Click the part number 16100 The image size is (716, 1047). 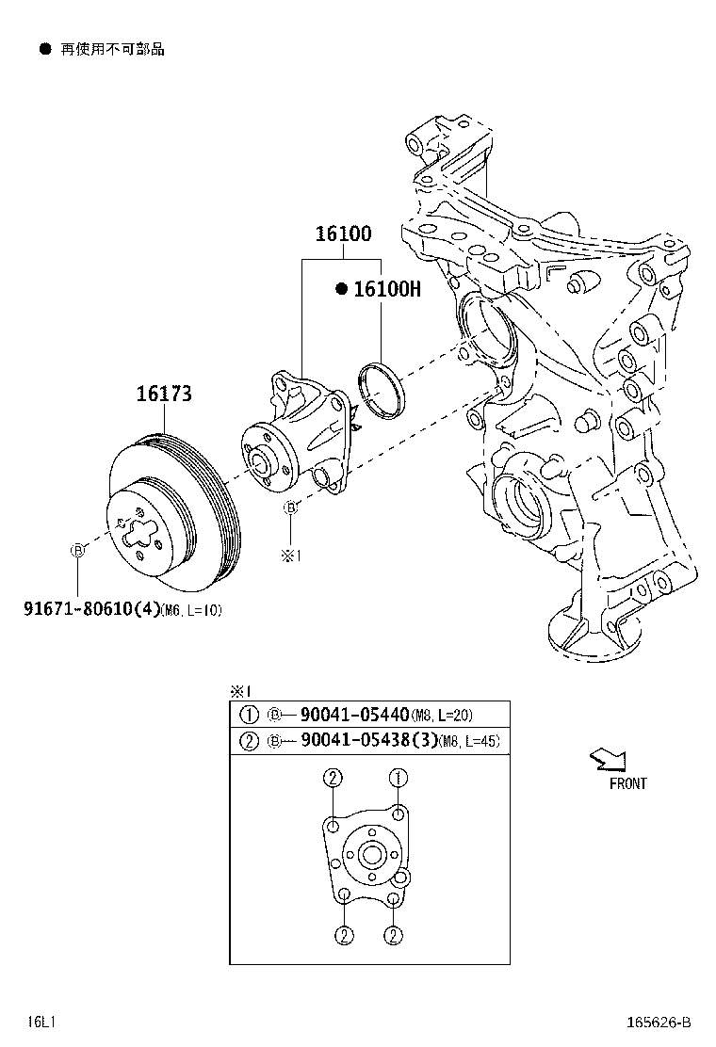pyautogui.click(x=343, y=234)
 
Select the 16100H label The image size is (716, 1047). pyautogui.click(x=386, y=290)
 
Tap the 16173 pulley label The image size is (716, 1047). pyautogui.click(x=164, y=395)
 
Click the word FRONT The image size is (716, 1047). pyautogui.click(x=627, y=783)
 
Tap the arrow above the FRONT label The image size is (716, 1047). pyautogui.click(x=606, y=760)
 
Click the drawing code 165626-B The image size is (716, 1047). pyautogui.click(x=657, y=1022)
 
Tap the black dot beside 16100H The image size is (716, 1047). pyautogui.click(x=342, y=290)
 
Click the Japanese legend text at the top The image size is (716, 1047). pyautogui.click(x=112, y=49)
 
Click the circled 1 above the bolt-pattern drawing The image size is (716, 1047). pyautogui.click(x=399, y=778)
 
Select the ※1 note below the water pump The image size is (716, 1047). pyautogui.click(x=290, y=556)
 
